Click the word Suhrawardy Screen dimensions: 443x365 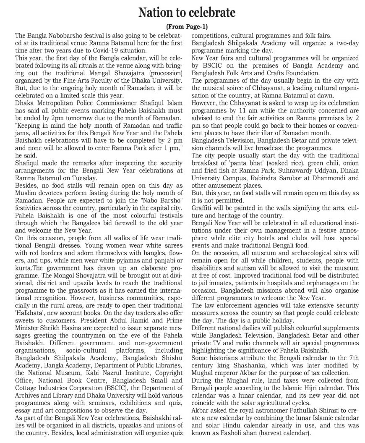pyautogui.click(x=281, y=171)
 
